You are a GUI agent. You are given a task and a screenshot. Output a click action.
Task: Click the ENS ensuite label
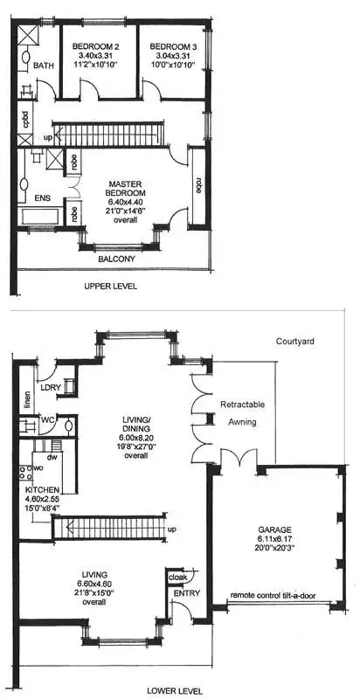[x=43, y=198]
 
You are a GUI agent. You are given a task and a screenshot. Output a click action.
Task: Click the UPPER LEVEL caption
[x=111, y=286]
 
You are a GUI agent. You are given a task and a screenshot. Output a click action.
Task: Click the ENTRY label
[x=186, y=594]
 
